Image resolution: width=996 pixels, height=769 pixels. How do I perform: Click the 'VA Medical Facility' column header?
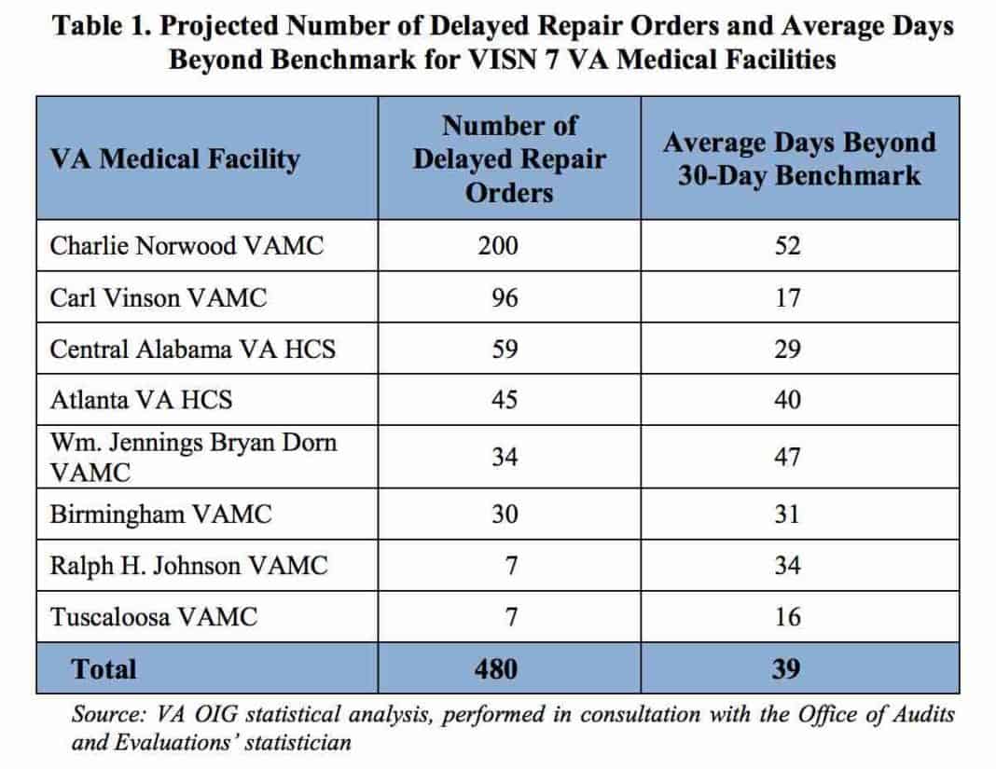click(175, 159)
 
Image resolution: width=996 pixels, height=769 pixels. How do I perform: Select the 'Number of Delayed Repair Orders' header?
click(509, 158)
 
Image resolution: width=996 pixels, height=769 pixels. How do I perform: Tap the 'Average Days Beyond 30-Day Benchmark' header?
click(799, 158)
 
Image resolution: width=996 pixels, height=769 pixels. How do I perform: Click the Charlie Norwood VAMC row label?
click(187, 246)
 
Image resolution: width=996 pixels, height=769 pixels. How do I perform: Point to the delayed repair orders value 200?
click(505, 246)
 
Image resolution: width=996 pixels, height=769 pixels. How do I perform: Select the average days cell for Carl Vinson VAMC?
click(787, 298)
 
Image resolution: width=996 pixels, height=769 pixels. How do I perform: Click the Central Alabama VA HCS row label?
click(192, 349)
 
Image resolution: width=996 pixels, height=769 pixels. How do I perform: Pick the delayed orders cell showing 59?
click(505, 349)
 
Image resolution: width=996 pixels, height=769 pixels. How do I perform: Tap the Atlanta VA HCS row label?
click(141, 400)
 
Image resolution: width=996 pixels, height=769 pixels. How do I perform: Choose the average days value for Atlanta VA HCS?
click(787, 400)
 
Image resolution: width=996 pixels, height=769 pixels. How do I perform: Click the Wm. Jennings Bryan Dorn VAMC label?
click(193, 457)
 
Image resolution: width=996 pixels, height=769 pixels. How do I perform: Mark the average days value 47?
click(787, 458)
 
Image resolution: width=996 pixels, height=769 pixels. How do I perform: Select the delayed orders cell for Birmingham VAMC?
click(505, 515)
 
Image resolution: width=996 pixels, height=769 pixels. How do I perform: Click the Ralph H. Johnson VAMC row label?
click(188, 566)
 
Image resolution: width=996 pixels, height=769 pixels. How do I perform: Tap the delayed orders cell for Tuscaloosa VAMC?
click(505, 617)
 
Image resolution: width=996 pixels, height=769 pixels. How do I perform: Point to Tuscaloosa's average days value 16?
click(787, 617)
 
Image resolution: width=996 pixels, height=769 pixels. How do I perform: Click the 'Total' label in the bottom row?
click(104, 669)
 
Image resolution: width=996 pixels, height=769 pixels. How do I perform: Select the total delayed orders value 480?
click(505, 669)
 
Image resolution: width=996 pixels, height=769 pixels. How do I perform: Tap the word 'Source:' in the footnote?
click(104, 715)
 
